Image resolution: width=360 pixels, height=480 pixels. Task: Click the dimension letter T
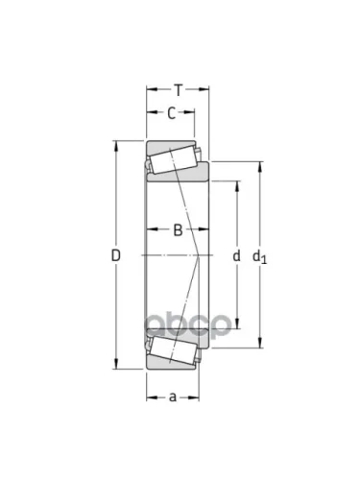point(179,90)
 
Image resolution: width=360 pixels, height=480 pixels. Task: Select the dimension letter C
point(172,113)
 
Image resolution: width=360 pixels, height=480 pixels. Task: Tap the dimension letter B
point(178,229)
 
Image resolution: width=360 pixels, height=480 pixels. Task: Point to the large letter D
point(115,255)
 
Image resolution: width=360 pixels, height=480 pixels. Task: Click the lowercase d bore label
point(236,255)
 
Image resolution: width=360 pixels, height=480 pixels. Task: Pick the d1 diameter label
point(259,256)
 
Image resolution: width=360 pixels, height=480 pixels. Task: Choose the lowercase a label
point(173,397)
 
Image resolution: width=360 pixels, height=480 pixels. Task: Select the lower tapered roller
point(173,350)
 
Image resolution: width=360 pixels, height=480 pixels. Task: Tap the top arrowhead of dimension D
point(116,145)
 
